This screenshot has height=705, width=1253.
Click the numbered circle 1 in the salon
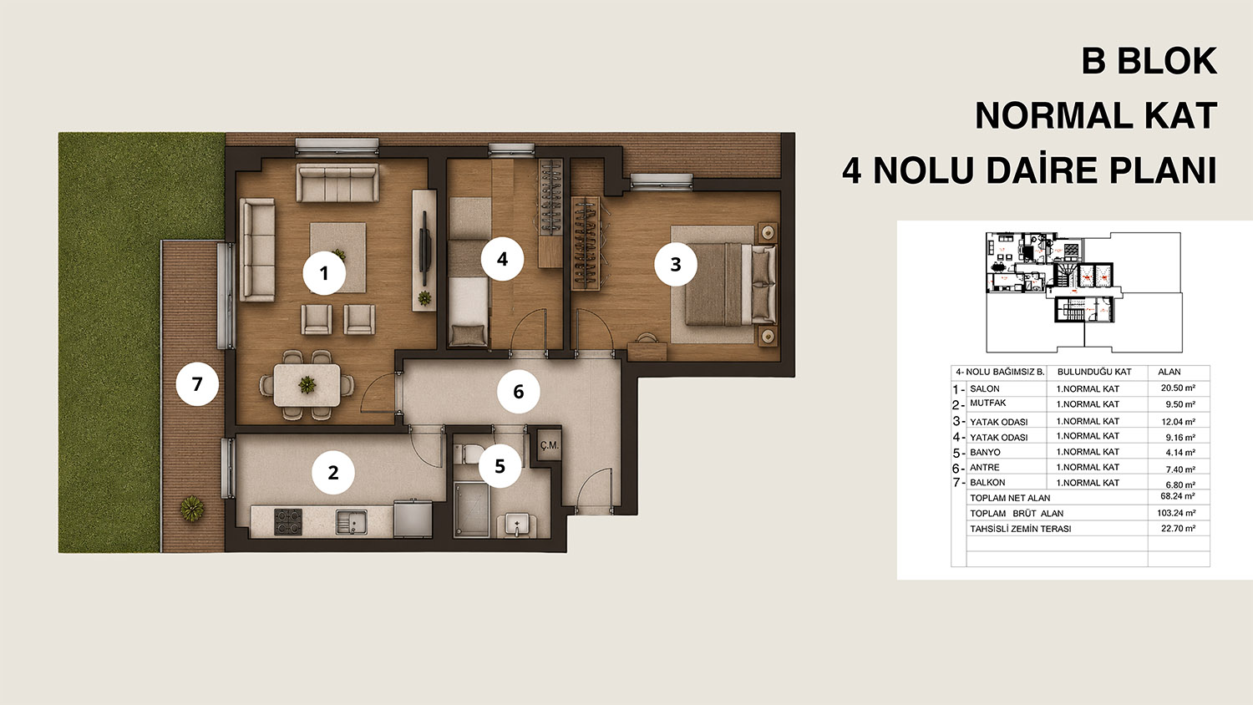point(324,274)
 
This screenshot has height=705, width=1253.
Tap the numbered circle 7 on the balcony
point(197,384)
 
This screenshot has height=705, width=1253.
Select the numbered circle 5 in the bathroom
point(500,466)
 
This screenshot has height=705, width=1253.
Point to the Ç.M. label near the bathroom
point(550,445)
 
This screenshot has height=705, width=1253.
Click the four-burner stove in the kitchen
point(288,522)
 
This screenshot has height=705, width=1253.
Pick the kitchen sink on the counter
point(352,521)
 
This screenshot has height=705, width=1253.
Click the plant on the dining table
point(307,385)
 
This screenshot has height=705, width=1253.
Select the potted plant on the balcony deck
point(192,509)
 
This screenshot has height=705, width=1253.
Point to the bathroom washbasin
point(516,526)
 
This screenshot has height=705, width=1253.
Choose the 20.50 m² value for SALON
point(1178,388)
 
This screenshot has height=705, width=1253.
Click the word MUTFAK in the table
point(988,403)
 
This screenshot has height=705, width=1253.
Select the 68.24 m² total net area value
point(1178,496)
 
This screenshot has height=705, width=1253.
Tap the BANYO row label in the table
point(985,452)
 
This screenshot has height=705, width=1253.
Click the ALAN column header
point(1169,372)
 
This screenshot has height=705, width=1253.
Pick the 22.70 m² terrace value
point(1178,528)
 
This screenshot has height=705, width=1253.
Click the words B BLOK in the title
point(1149,61)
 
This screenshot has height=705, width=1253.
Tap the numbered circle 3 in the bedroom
point(676,265)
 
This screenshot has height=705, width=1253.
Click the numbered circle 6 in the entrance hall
point(519,392)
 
